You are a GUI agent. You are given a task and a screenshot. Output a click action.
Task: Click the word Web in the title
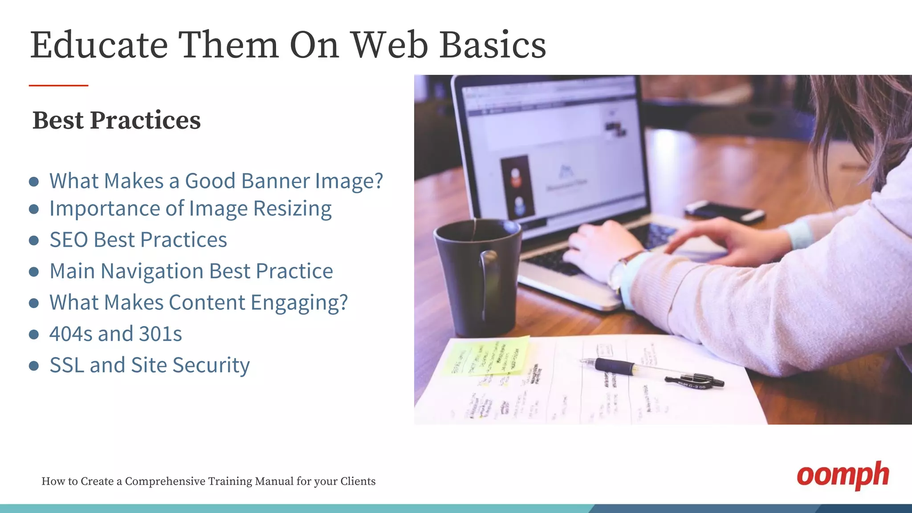[x=389, y=45]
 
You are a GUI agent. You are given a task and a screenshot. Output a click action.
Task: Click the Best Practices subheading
[x=117, y=121]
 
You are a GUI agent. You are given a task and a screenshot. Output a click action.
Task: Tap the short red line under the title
[x=58, y=85]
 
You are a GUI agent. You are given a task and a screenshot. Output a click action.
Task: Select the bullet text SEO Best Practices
[x=138, y=240]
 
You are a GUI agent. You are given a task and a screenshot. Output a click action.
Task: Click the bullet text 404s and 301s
[x=115, y=334]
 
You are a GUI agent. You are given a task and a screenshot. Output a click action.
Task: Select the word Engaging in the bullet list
[x=298, y=303]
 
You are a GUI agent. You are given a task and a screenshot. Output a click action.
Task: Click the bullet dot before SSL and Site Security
[x=34, y=366]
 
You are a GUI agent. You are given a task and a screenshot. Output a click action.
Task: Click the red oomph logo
[x=843, y=476]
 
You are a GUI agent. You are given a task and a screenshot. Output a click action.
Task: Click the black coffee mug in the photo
[x=476, y=276]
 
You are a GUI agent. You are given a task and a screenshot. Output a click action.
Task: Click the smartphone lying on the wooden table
[x=724, y=211]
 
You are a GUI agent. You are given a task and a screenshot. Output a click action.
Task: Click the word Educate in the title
[x=99, y=45]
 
